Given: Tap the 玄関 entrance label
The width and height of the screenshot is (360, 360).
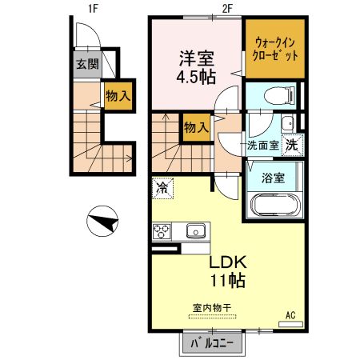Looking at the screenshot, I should pos(87,65).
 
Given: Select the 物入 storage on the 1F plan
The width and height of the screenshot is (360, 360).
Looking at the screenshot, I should pos(118,97).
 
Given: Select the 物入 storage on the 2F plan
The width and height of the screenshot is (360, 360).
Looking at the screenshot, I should pos(196,126).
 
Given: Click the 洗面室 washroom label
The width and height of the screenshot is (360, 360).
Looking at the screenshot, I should pos(262,146).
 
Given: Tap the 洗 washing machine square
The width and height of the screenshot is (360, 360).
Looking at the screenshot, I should pos(294,146).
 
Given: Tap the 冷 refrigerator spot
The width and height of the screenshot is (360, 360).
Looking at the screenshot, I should pos(163,188).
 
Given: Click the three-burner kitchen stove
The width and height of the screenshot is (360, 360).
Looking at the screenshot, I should pos(162,232).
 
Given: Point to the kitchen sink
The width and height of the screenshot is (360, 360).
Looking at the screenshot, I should pos(196,231).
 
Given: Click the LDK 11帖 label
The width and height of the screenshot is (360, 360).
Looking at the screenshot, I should pos(228,271).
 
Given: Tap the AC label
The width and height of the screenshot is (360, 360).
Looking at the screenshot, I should pos(290,315).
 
